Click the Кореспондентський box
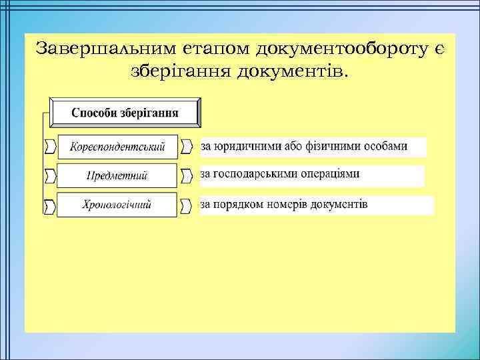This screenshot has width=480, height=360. pos(118,147)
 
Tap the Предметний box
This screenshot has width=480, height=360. pos(117,176)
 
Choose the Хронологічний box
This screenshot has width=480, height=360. pos(117,205)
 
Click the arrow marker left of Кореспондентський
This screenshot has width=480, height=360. pos(50,146)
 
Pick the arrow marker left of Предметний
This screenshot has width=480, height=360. pos(50,176)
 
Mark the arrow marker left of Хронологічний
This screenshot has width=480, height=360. pos(50,206)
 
